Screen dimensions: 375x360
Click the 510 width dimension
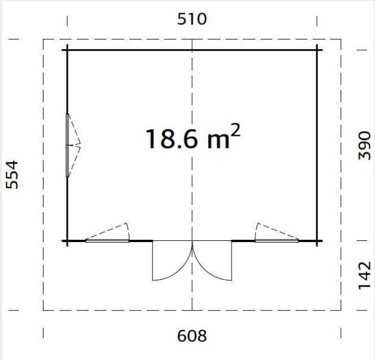(192, 19)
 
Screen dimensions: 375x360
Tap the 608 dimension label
(192, 336)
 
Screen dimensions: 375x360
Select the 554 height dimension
(12, 174)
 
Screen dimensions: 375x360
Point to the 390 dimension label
(364, 146)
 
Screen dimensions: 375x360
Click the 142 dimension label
(364, 275)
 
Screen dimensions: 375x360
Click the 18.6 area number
(172, 139)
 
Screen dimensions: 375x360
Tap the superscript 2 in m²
(235, 130)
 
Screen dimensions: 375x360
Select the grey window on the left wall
(67, 146)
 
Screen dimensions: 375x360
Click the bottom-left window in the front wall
(107, 241)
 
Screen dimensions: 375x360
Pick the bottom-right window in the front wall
(277, 241)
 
